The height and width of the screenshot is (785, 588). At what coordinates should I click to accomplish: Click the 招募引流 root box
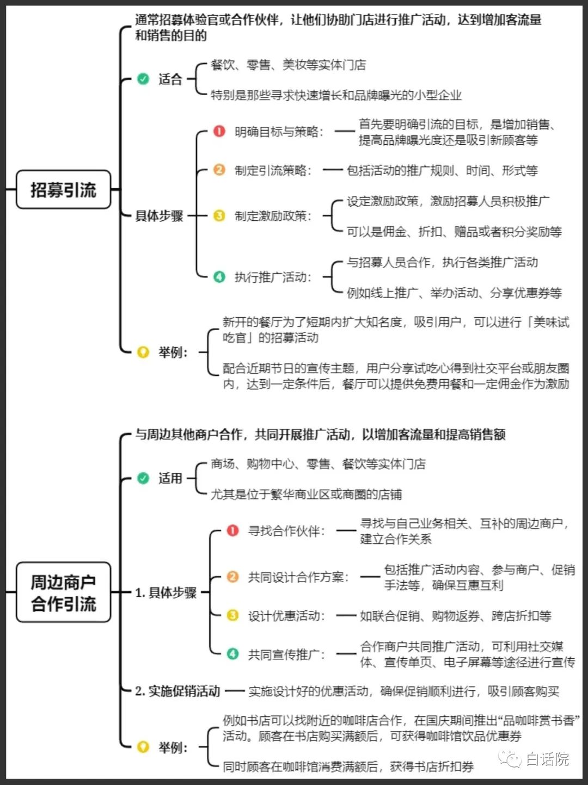[63, 190]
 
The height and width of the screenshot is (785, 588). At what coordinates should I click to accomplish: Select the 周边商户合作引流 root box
[63, 592]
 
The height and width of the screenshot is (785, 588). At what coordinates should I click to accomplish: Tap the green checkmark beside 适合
[143, 79]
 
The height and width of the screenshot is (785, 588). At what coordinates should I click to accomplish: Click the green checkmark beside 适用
[143, 478]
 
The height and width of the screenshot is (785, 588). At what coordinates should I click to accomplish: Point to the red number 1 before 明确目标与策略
[219, 131]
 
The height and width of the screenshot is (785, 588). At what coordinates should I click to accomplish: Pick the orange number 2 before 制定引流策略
[219, 170]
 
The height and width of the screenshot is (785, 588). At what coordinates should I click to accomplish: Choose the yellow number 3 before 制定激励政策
[219, 216]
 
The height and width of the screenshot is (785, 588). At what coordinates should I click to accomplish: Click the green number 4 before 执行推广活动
[219, 277]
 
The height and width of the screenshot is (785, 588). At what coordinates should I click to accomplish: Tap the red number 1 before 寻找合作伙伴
[233, 530]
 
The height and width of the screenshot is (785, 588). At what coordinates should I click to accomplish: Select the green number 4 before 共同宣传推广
[233, 654]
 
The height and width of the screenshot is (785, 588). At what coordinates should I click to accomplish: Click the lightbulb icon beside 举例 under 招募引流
[143, 352]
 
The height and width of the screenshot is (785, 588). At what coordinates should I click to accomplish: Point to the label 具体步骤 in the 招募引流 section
[160, 216]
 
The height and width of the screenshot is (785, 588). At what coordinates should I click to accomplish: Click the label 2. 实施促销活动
[177, 691]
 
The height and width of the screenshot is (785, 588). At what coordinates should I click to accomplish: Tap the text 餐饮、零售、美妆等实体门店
[288, 65]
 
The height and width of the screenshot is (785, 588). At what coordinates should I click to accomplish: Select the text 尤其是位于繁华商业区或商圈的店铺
[306, 494]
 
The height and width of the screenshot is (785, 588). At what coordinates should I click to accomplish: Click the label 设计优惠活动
[286, 616]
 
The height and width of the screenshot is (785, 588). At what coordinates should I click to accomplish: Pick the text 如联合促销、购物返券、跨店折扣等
[455, 616]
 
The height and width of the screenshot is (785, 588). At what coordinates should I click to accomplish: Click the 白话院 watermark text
[547, 759]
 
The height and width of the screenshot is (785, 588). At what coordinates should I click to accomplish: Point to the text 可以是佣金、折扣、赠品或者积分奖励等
[454, 232]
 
